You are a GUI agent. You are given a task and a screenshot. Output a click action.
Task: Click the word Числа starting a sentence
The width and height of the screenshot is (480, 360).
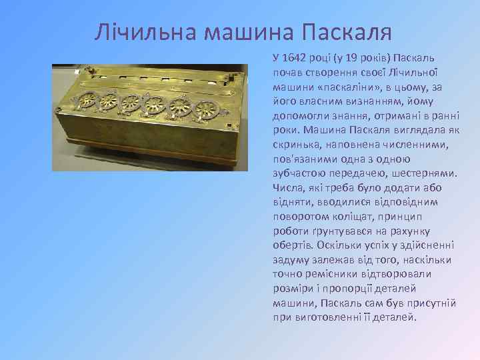pyautogui.click(x=288, y=187)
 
